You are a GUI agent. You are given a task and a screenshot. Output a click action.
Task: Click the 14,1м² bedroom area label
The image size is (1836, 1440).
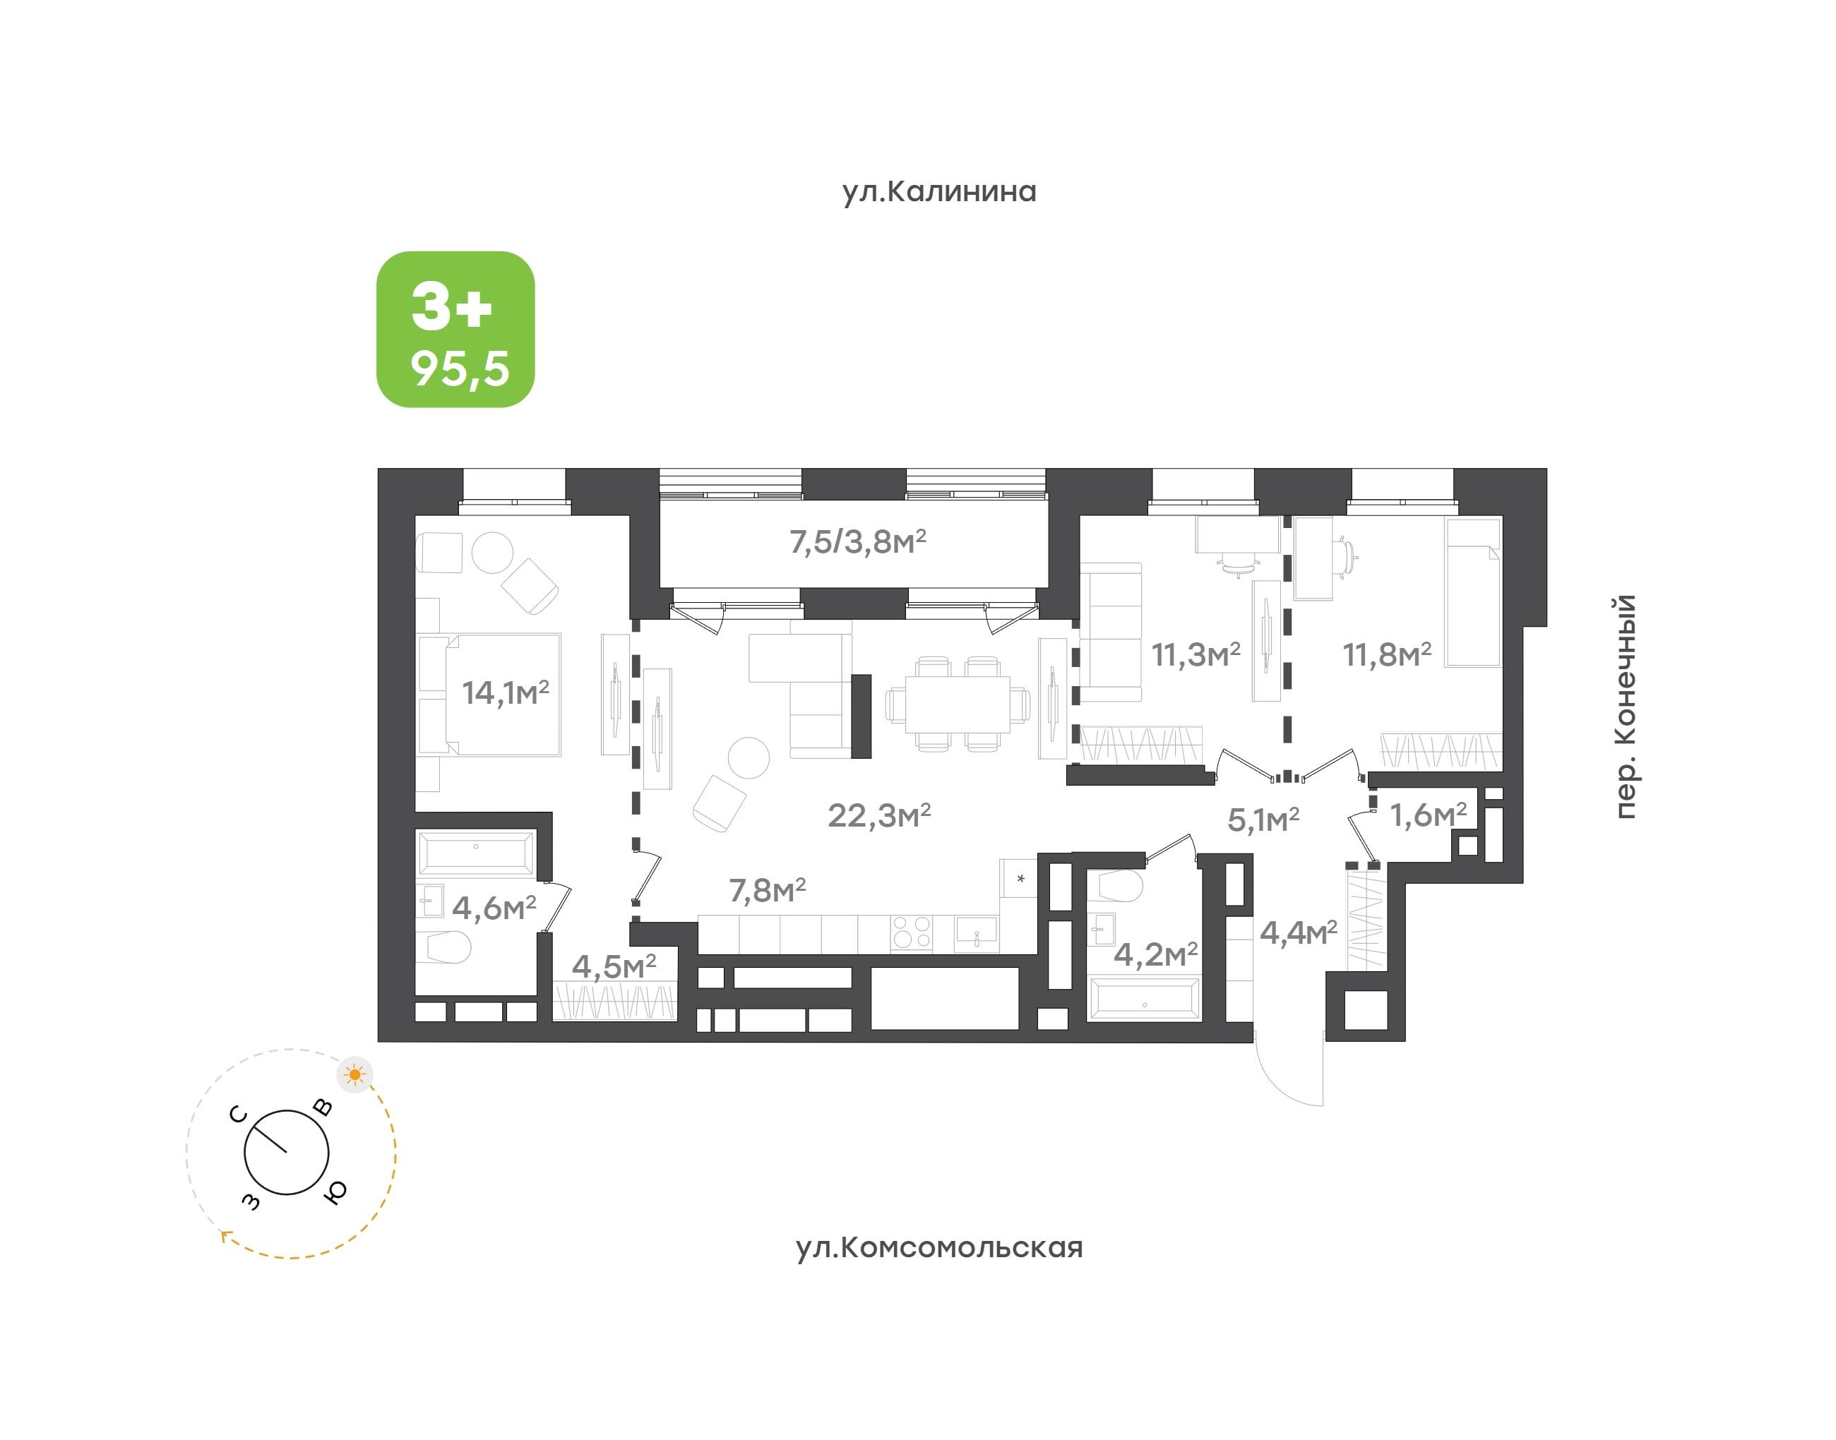pyautogui.click(x=505, y=692)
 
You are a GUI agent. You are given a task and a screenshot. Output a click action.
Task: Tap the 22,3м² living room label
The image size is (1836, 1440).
pyautogui.click(x=878, y=815)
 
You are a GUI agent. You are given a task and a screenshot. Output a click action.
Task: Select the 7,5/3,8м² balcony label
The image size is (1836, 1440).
pyautogui.click(x=858, y=541)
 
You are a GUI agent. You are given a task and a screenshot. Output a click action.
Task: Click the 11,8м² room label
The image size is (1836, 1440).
pyautogui.click(x=1386, y=654)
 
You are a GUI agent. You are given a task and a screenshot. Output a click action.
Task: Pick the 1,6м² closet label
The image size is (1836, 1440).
pyautogui.click(x=1428, y=815)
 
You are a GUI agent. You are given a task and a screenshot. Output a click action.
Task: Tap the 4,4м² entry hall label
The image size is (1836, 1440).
pyautogui.click(x=1298, y=932)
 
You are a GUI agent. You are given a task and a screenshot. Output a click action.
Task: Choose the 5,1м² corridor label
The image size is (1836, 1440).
pyautogui.click(x=1263, y=820)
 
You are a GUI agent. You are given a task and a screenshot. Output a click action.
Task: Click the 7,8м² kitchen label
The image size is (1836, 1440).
pyautogui.click(x=768, y=890)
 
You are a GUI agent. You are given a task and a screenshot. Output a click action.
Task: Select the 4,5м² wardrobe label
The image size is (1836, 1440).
pyautogui.click(x=614, y=966)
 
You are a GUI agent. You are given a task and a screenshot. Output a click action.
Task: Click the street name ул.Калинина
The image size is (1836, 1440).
pyautogui.click(x=938, y=191)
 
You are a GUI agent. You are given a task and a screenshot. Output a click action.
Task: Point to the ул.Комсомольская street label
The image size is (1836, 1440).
pyautogui.click(x=938, y=1247)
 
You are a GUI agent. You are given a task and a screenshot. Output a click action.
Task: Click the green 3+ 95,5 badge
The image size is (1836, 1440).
pyautogui.click(x=455, y=330)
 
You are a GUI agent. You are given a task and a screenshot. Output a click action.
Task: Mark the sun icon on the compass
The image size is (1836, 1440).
pyautogui.click(x=355, y=1075)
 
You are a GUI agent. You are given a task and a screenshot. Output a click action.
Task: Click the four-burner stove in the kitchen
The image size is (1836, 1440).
pyautogui.click(x=912, y=932)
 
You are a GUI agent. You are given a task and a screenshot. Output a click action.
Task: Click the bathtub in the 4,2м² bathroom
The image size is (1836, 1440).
pyautogui.click(x=1145, y=998)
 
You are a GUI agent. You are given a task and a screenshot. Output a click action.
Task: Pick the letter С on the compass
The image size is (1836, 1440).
pyautogui.click(x=239, y=1115)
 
